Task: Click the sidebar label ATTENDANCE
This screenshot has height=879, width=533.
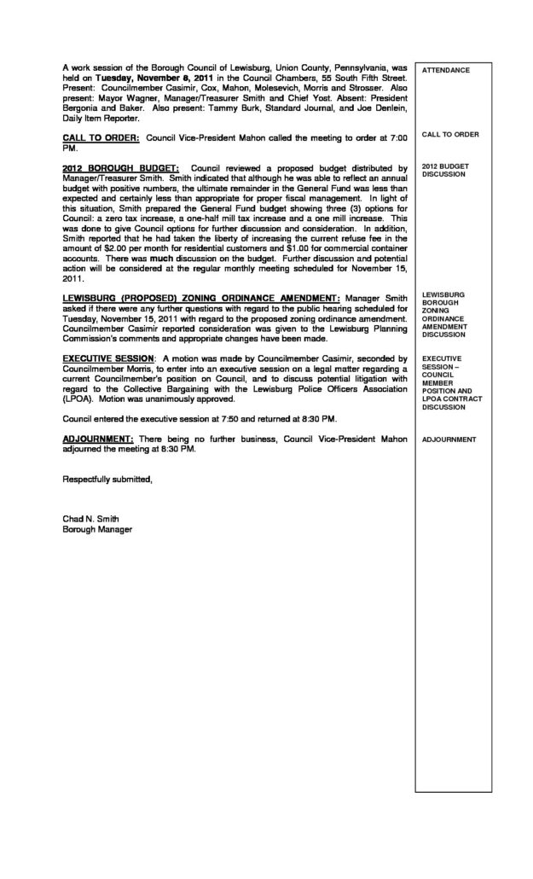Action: click(446, 70)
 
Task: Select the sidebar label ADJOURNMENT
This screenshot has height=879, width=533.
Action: click(449, 440)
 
